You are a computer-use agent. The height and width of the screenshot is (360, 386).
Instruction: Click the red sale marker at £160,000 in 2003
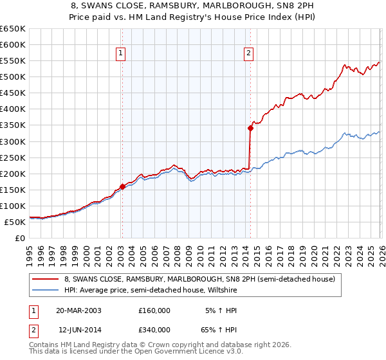coord(122,186)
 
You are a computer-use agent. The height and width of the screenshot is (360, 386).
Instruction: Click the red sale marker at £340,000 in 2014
coord(250,128)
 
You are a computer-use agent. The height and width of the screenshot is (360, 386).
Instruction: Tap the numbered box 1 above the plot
coord(121,54)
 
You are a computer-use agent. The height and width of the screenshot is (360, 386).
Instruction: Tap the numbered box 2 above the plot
coord(248,54)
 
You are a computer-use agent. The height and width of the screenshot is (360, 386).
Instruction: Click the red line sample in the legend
coord(46,280)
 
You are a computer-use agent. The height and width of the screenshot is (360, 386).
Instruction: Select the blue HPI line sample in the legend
coord(46,290)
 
